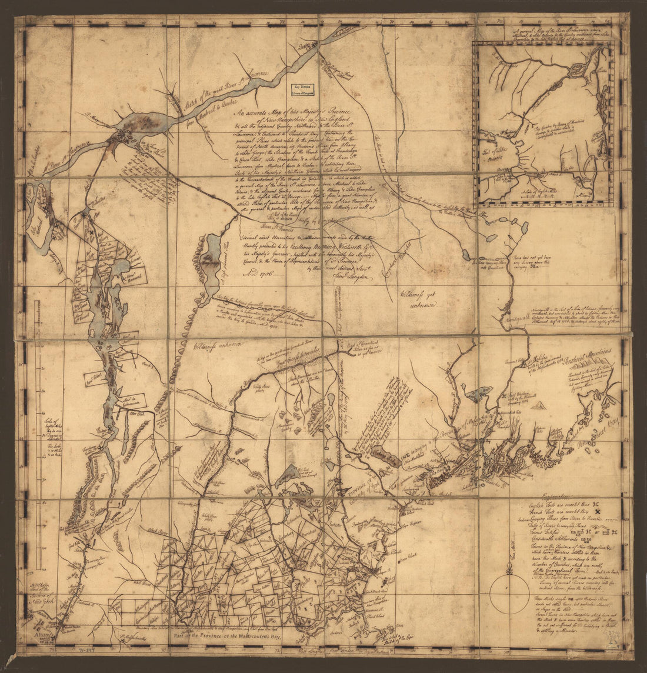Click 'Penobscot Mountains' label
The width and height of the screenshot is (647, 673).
pyautogui.click(x=595, y=355)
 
